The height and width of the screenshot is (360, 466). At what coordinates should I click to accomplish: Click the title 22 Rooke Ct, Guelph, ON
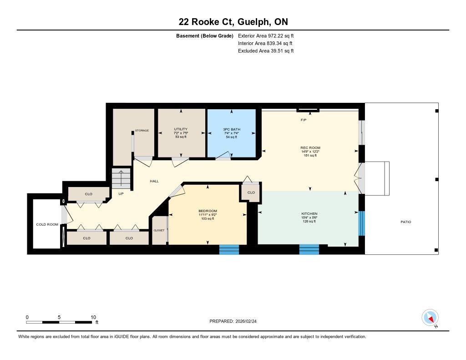coord(233,22)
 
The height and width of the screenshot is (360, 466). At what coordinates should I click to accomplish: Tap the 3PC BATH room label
coord(232,129)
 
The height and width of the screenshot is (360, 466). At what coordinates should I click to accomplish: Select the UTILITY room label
coord(181,129)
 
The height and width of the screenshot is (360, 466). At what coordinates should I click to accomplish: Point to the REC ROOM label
coord(310,148)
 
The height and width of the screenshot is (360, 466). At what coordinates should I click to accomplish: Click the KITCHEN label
coord(309,214)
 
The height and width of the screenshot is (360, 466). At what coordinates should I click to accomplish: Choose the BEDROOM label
coord(208,211)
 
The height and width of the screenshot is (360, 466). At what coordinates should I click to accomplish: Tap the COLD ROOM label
coord(47,224)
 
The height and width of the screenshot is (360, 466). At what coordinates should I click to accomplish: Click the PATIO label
coord(406,222)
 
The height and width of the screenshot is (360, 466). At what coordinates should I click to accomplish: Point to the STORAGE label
coord(142,131)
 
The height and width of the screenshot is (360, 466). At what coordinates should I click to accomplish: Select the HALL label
coord(154,181)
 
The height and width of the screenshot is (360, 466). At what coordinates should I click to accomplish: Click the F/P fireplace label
coord(304,120)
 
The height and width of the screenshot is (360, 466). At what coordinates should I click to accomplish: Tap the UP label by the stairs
coord(121,194)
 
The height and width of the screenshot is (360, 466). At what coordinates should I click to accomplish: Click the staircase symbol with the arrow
coord(121,179)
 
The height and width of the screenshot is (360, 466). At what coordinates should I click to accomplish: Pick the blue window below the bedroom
coord(229,250)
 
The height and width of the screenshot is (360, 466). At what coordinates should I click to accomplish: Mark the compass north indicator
coord(430,318)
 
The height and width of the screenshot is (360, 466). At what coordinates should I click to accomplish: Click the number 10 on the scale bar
coord(93,317)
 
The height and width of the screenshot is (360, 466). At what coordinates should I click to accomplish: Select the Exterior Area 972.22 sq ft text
coord(266,36)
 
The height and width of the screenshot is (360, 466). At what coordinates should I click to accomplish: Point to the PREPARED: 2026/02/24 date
coord(233,321)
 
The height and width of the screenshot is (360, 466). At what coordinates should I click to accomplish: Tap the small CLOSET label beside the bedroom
coord(159,230)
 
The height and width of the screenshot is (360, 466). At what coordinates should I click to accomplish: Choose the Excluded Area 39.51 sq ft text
coord(266,51)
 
